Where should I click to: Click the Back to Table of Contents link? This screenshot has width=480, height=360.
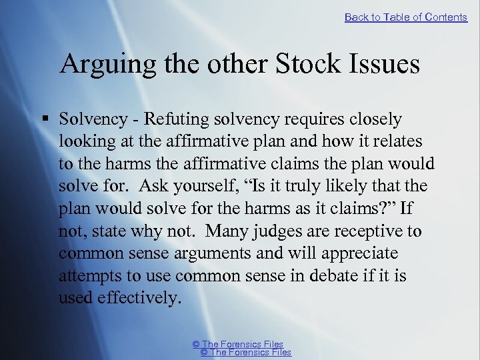click(x=406, y=17)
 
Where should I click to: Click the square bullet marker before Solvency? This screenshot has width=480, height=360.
click(x=44, y=119)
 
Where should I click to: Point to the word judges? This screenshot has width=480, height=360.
click(x=281, y=231)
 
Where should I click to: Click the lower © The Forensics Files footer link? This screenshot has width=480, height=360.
click(x=246, y=353)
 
